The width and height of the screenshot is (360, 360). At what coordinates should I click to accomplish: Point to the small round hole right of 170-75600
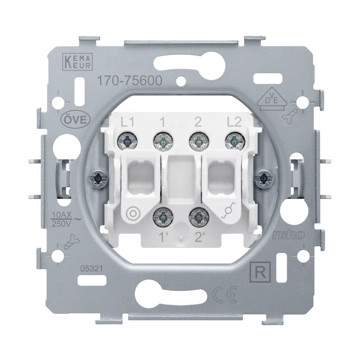tap(182, 82)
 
